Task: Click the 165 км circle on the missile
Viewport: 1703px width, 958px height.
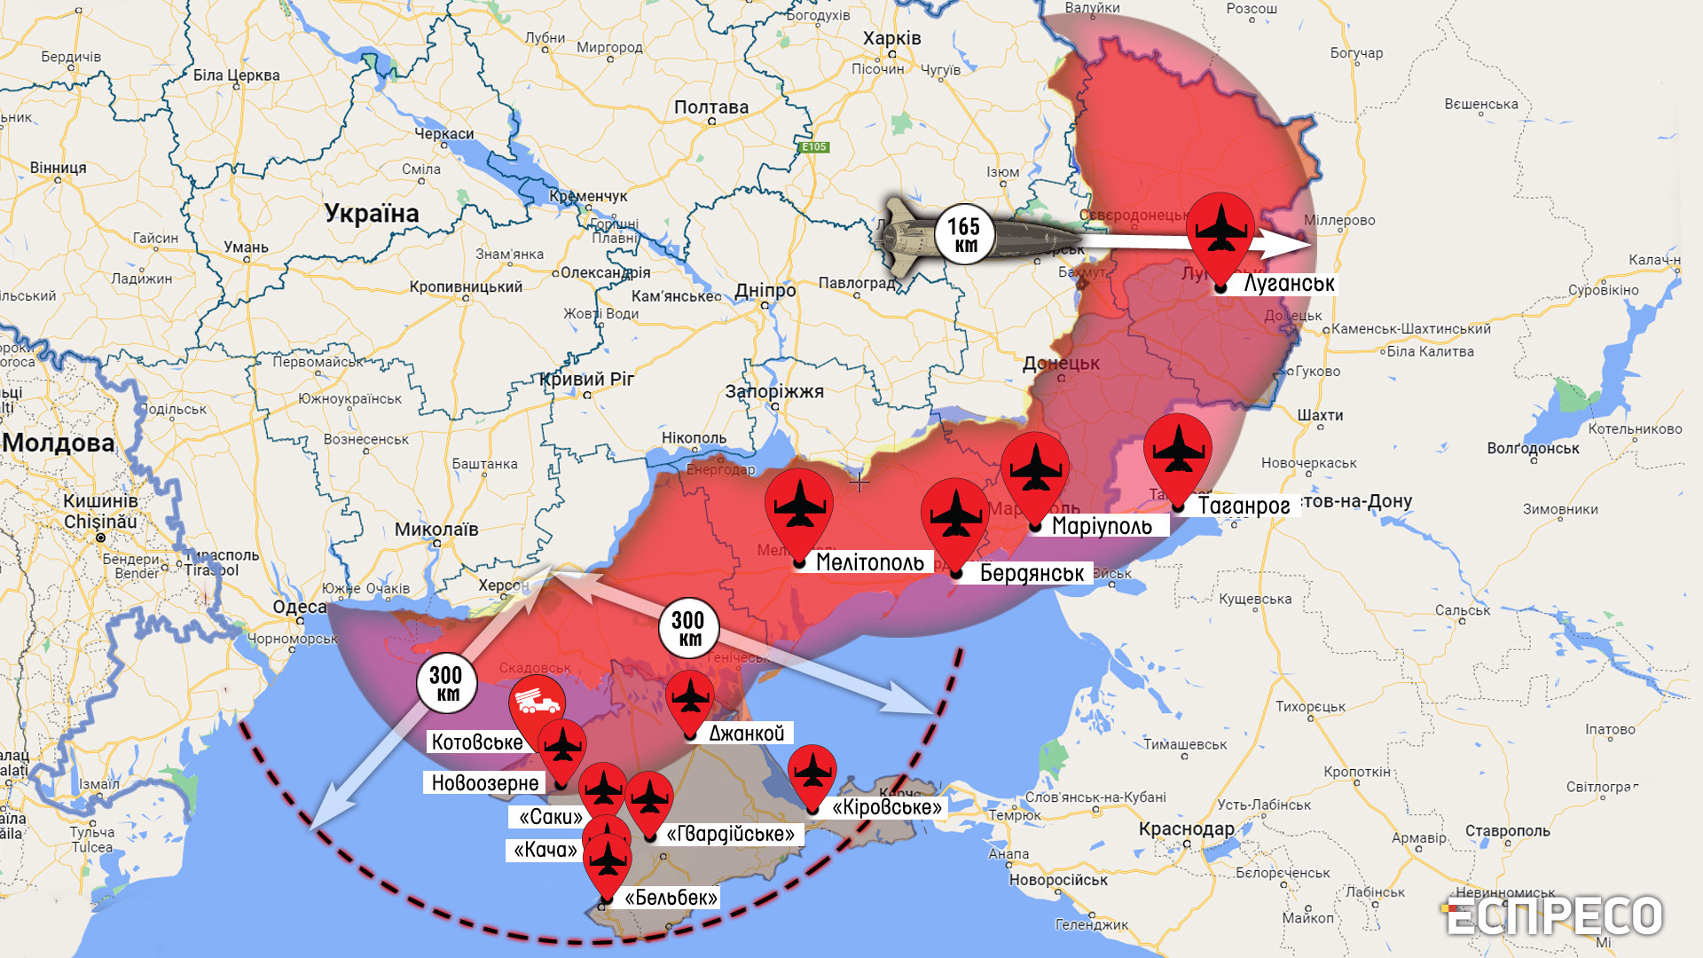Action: pos(964,235)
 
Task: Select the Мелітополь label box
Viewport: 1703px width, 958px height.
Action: pos(868,562)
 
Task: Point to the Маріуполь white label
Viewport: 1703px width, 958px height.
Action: pos(1101,526)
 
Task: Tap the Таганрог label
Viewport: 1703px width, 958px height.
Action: pos(1243,506)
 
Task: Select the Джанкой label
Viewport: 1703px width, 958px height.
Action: pos(747,734)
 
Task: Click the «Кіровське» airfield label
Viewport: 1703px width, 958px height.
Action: pos(887,807)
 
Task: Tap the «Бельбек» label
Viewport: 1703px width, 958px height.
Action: pos(671,898)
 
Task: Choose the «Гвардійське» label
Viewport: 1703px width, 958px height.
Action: pos(730,834)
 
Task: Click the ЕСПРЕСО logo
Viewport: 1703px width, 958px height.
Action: pos(1554,916)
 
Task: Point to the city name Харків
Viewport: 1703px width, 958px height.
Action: pos(891,38)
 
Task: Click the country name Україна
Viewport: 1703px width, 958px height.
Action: pos(371,214)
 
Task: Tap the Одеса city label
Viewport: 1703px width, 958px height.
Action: pos(299,607)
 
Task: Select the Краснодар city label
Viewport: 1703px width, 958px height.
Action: pos(1186,829)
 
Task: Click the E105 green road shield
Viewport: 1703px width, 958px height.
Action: pos(813,147)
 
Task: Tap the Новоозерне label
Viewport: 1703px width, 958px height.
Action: pos(484,783)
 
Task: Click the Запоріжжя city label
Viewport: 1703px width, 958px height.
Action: pos(774,391)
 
